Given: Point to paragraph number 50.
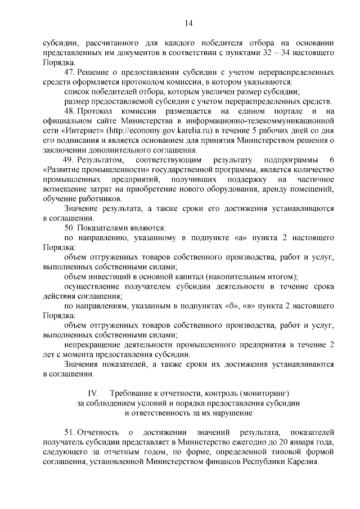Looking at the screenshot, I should click(70, 227).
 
